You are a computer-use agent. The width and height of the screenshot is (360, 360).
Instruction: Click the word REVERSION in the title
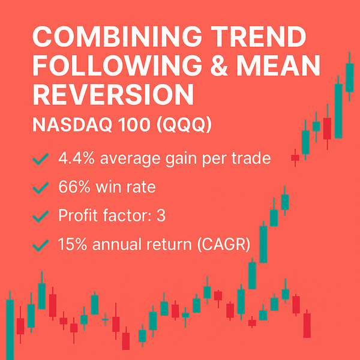pyautogui.click(x=113, y=96)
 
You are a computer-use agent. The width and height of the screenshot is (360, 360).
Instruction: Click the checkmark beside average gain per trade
pyautogui.click(x=41, y=159)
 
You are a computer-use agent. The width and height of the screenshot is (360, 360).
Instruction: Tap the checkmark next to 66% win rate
pyautogui.click(x=41, y=188)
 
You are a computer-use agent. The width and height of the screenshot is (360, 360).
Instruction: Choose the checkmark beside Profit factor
pyautogui.click(x=41, y=217)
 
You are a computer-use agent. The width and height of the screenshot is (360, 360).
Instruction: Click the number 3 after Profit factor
pyautogui.click(x=160, y=216)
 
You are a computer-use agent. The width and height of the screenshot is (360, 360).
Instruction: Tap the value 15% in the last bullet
pyautogui.click(x=71, y=245)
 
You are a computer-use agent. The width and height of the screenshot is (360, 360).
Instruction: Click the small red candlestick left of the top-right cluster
pyautogui.click(x=295, y=158)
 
